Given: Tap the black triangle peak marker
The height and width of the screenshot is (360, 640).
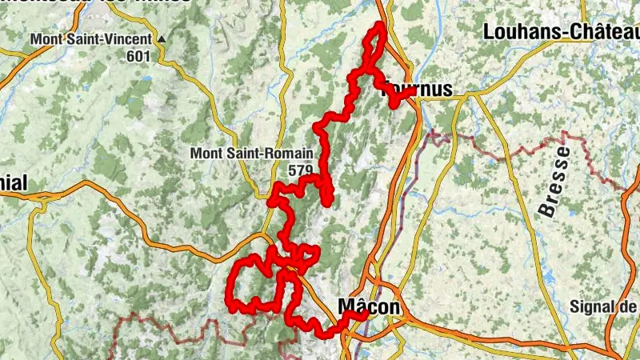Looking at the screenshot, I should pyautogui.click(x=162, y=38).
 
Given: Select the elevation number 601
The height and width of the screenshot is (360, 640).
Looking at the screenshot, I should pyautogui.click(x=138, y=56).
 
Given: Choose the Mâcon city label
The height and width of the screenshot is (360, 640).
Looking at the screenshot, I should pyautogui.click(x=368, y=306).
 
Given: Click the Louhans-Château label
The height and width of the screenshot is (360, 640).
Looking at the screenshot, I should pyautogui.click(x=561, y=31).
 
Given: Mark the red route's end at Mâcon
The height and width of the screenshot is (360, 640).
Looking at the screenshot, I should pyautogui.click(x=364, y=314).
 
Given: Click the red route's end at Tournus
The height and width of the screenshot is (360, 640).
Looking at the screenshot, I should pyautogui.click(x=414, y=90).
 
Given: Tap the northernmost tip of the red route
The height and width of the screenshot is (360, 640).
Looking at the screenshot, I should pyautogui.click(x=378, y=26).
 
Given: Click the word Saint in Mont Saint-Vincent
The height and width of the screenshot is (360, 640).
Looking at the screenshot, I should pyautogui.click(x=91, y=38).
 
